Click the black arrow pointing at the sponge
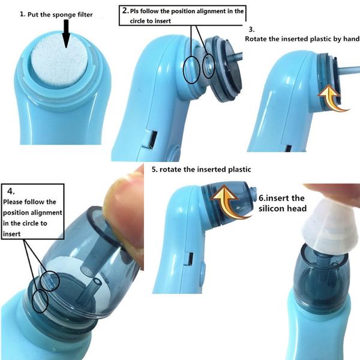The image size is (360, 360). pyautogui.click(x=66, y=34)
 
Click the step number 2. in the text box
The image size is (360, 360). pyautogui.click(x=125, y=11)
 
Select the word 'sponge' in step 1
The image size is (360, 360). pyautogui.click(x=61, y=15)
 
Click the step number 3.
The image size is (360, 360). pyautogui.click(x=251, y=29)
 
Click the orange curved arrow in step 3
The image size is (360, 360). pyautogui.click(x=332, y=98)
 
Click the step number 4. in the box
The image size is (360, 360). pyautogui.click(x=11, y=191)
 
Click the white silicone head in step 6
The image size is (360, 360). pyautogui.click(x=331, y=227)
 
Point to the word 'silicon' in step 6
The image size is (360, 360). pyautogui.click(x=270, y=208)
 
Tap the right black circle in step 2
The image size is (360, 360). pyautogui.click(x=209, y=66)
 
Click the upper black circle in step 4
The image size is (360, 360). pyautogui.click(x=50, y=281)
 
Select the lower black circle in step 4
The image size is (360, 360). pyautogui.click(x=40, y=301)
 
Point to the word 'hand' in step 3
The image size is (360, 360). pyautogui.click(x=352, y=39)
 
